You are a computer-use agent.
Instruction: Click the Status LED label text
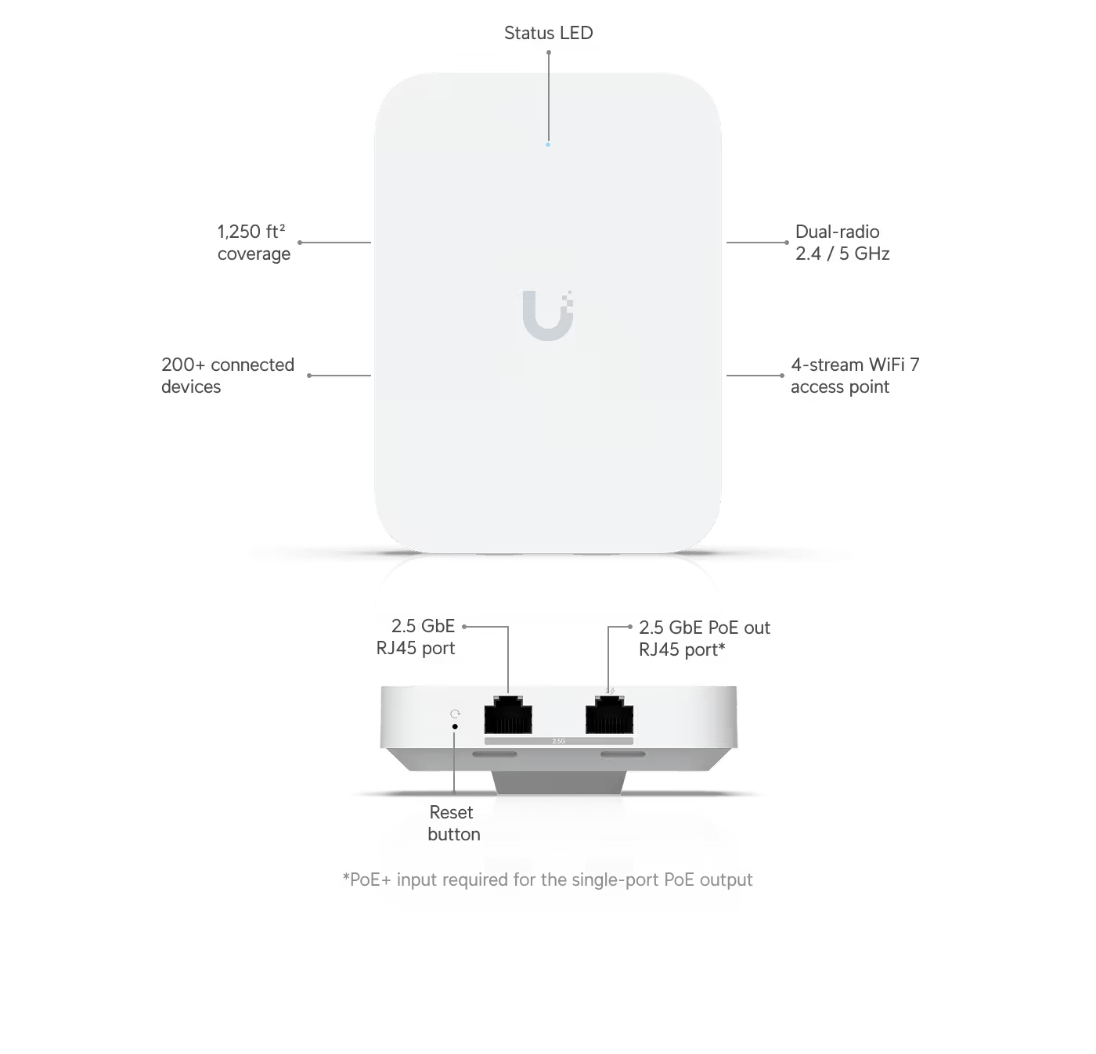(548, 33)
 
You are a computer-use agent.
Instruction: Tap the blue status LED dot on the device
(548, 145)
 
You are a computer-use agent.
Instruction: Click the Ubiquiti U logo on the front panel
(548, 315)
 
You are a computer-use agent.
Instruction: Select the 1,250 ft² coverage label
(254, 243)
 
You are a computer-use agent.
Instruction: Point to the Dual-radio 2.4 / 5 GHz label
(842, 243)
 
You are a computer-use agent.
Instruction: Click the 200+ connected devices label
(228, 376)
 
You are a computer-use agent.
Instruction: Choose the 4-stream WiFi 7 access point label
(854, 376)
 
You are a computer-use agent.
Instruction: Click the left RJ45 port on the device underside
(508, 714)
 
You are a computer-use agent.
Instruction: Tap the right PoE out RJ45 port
(609, 714)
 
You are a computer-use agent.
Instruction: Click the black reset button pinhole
(455, 726)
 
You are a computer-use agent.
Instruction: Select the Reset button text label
(454, 823)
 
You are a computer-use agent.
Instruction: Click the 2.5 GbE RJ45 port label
(416, 637)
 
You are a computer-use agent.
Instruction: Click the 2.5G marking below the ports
(559, 741)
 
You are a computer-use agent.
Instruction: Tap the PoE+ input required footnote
(547, 880)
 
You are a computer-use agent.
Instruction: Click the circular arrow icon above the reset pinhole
(455, 714)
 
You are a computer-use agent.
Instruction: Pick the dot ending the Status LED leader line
(549, 52)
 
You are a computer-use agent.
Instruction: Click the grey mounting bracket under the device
(559, 782)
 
